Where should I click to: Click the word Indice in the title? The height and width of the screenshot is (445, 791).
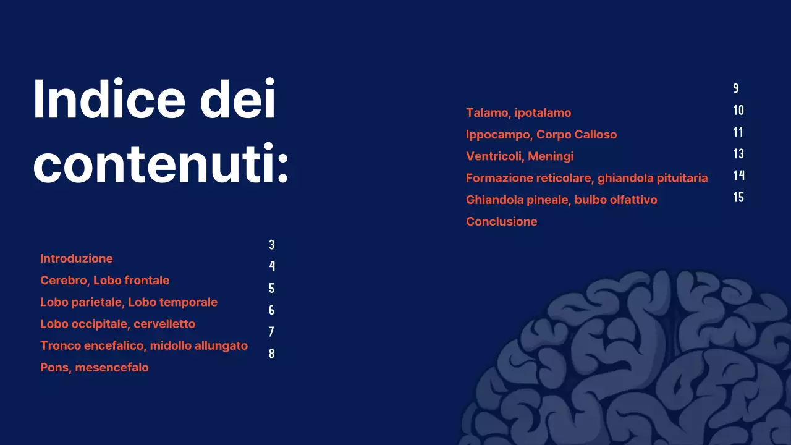(109, 99)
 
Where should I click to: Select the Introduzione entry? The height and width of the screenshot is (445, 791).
(77, 258)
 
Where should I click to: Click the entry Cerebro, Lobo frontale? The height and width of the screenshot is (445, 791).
(104, 280)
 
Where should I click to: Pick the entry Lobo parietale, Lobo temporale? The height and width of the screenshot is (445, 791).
(129, 302)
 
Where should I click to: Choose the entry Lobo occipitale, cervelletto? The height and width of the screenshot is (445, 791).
(117, 324)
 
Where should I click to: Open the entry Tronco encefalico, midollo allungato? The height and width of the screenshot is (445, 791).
(144, 345)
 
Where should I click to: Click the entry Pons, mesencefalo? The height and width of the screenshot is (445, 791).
(95, 367)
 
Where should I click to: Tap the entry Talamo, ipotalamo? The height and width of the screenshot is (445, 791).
(518, 112)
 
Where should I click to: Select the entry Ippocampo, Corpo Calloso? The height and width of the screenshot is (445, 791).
(541, 134)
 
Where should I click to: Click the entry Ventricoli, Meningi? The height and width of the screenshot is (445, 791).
(520, 156)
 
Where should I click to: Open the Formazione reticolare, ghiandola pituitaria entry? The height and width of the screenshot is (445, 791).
(586, 178)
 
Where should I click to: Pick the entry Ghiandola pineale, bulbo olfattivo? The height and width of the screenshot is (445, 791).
(561, 200)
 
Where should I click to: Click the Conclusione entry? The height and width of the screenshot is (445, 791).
(501, 221)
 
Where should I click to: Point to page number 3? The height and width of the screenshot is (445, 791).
(271, 245)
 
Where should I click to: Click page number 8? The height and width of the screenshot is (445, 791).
(271, 354)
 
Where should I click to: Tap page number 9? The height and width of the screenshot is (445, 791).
(735, 88)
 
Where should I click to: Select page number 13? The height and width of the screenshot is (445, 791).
(738, 154)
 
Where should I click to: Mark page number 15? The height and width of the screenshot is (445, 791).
(738, 198)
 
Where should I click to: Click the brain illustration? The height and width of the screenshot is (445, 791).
(637, 365)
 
